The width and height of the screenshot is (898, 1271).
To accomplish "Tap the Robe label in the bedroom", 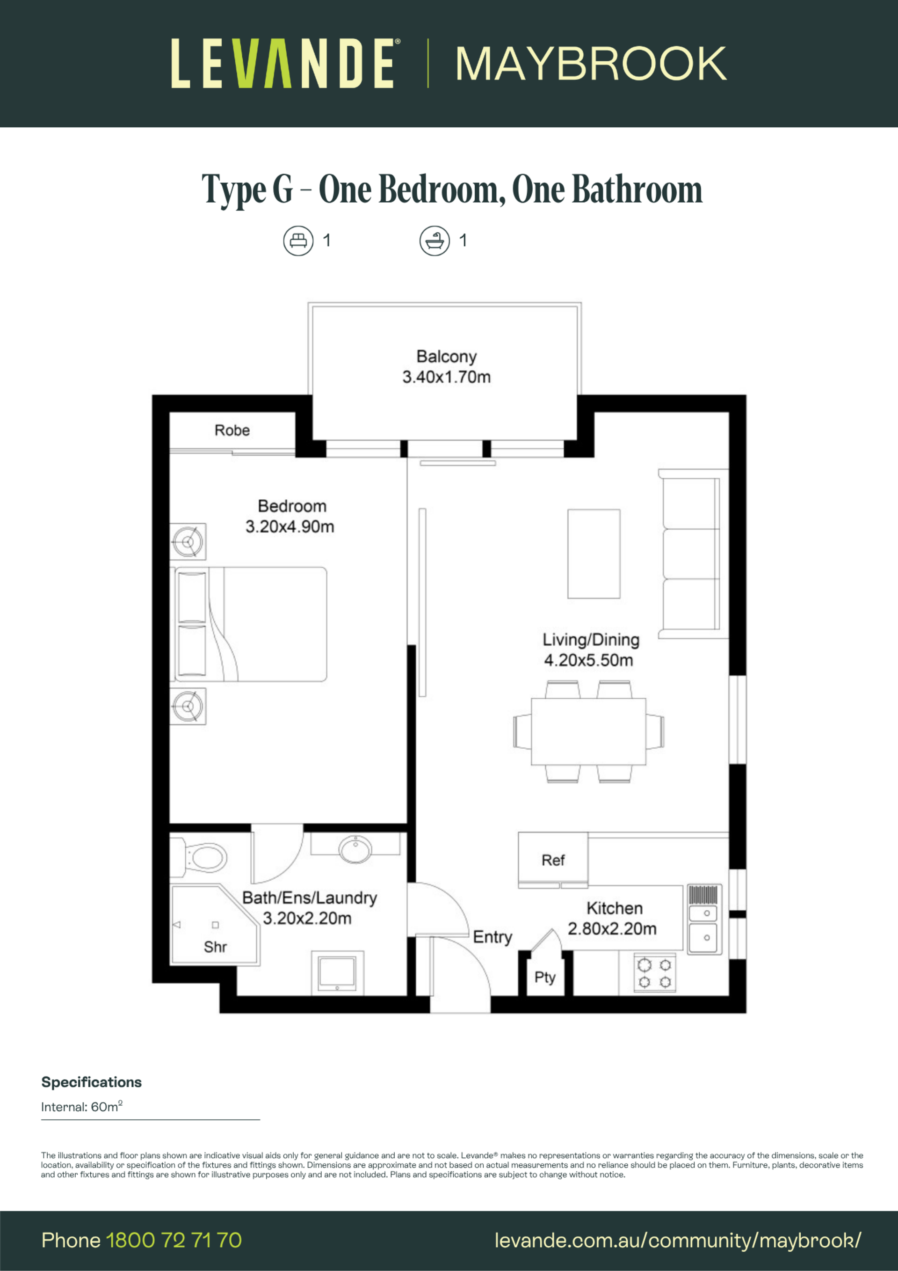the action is (232, 430).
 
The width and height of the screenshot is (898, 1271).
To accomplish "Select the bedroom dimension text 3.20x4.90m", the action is (290, 526).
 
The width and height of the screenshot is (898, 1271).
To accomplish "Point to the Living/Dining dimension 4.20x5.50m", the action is (588, 660).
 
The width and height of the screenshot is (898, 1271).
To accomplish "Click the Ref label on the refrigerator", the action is (553, 860).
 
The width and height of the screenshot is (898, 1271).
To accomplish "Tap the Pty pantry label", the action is (545, 977).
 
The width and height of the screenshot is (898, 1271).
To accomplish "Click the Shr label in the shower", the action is (215, 947).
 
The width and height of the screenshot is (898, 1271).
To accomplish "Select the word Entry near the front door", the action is (492, 937).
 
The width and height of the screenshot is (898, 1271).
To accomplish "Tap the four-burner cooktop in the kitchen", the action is (654, 972).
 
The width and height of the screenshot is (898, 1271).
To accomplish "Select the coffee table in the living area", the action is (594, 554).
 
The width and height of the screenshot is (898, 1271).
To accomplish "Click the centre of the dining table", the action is (588, 731).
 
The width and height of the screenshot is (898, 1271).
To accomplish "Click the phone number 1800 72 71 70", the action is (174, 1240).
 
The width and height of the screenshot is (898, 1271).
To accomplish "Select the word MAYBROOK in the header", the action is (590, 64).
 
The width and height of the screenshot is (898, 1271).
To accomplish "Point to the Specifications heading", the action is (91, 1082).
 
